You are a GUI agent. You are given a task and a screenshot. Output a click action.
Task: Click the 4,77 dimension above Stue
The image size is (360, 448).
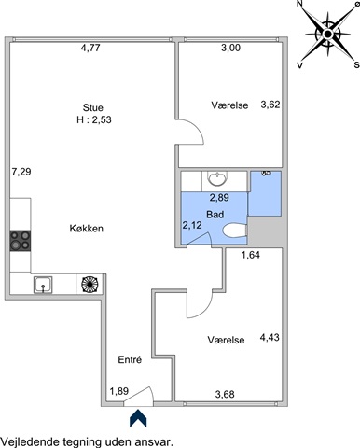90,48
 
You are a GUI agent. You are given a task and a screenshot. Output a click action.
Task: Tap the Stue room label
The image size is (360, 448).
93,108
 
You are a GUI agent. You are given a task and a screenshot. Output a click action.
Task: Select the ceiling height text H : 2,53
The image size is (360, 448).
94,119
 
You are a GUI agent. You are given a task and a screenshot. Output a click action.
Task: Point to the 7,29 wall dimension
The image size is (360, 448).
21,172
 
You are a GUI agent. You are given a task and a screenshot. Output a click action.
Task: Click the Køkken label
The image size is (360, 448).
87,229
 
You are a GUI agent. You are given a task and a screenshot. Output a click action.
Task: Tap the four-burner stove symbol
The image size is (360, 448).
21,241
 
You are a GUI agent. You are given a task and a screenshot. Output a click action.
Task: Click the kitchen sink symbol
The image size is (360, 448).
43,285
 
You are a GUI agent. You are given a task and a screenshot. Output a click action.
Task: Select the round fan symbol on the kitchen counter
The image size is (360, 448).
90,284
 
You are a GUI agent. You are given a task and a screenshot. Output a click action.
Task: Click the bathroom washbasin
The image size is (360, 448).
217,178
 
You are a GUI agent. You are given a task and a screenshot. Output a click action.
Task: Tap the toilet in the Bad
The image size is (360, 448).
235,231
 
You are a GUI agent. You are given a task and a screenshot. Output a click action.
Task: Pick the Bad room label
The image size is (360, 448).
215,215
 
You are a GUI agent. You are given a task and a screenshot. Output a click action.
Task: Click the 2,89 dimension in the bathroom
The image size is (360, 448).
219,198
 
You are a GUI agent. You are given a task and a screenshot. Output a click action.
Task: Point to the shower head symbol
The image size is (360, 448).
266,173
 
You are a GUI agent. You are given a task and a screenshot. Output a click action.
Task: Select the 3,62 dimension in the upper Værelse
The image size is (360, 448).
270,105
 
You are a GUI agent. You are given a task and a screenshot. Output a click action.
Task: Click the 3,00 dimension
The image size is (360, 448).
230,48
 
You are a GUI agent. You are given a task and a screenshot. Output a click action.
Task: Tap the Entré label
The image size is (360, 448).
130,360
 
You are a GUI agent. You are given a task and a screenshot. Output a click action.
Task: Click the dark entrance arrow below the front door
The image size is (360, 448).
138,418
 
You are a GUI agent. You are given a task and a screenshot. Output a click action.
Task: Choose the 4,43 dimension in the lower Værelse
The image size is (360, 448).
270,337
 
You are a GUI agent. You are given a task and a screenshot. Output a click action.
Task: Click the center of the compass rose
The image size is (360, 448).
327,34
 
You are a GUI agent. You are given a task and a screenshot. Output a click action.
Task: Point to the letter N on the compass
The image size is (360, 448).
300,4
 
